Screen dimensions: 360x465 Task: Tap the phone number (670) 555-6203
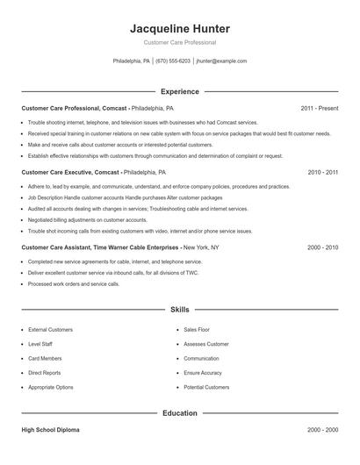[173, 61]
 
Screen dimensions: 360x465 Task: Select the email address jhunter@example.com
[221, 61]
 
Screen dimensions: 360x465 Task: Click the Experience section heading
[179, 91]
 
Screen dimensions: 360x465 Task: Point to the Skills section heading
[179, 309]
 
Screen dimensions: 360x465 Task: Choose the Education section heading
[179, 412]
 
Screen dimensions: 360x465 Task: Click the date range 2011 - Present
[319, 108]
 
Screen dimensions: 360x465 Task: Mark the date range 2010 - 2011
[322, 173]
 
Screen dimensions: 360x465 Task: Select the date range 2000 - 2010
[322, 247]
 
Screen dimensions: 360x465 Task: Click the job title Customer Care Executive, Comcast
[70, 173]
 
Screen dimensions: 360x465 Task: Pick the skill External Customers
[50, 329]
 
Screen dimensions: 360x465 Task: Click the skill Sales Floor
[198, 329]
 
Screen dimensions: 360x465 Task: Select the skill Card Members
[46, 358]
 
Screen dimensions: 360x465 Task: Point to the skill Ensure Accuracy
[203, 373]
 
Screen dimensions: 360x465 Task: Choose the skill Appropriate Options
[51, 387]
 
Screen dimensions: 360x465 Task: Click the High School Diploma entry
[51, 430]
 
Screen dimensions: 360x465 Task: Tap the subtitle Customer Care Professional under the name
[179, 42]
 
